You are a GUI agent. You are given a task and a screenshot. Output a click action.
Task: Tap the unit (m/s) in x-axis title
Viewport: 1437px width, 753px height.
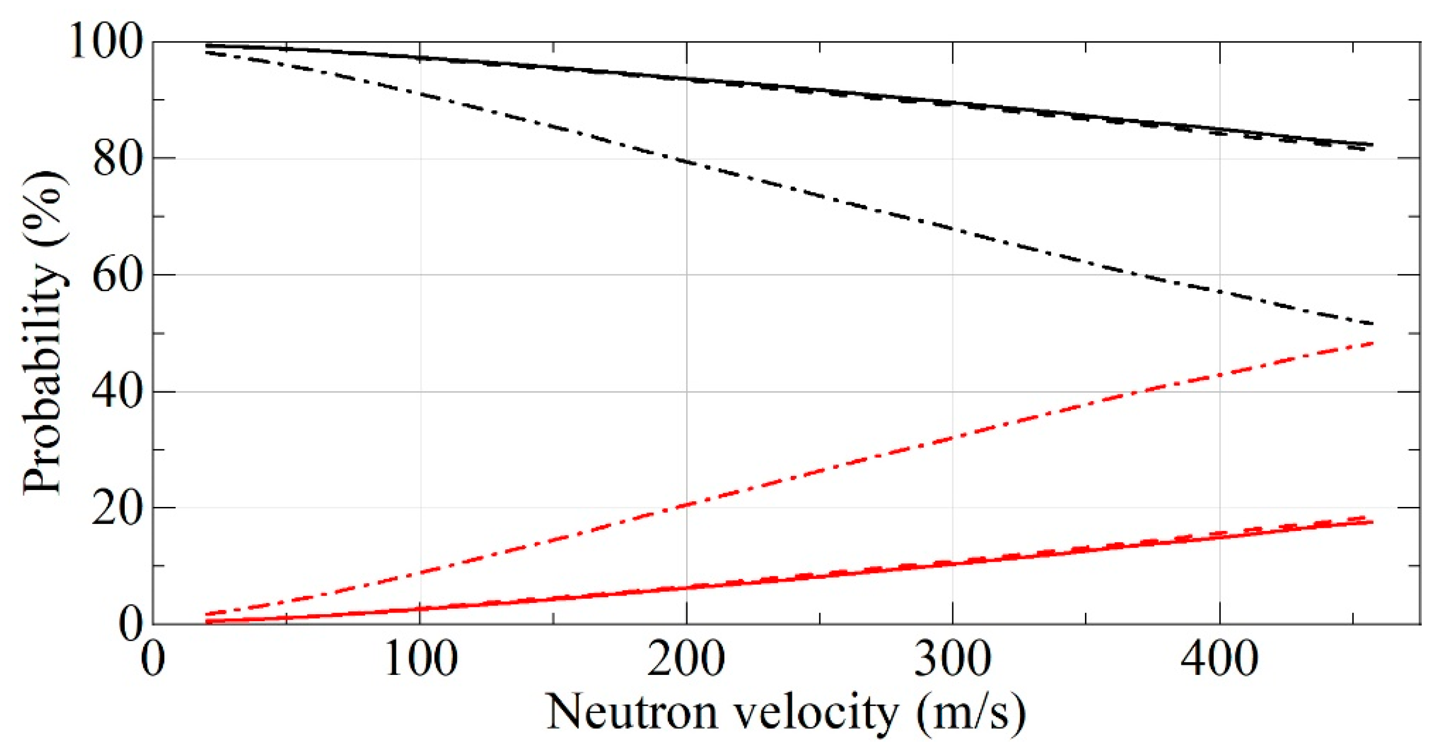[971, 713]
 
